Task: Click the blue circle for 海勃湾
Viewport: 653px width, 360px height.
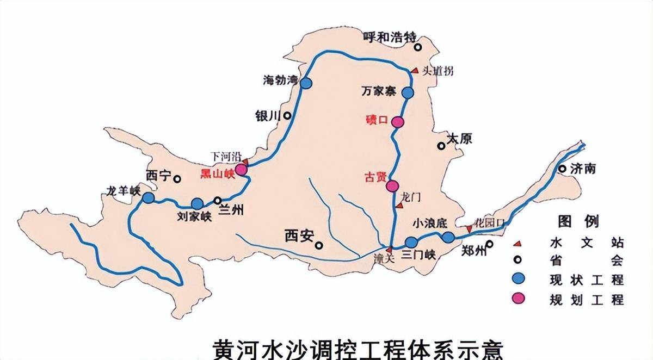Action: pos(306,83)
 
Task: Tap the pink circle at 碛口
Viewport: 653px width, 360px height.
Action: pos(398,122)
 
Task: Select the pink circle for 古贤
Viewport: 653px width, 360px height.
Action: pos(392,186)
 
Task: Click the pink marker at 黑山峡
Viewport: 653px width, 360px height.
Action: pos(241,170)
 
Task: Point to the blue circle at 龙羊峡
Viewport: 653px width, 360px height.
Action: pos(148,197)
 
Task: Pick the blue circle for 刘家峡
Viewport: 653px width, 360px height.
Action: pos(197,204)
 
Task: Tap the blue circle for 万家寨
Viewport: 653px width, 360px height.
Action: pos(408,93)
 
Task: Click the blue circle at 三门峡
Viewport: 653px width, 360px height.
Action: pos(411,242)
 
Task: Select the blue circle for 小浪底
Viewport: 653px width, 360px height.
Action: pos(448,237)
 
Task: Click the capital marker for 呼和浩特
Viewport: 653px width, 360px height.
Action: pos(418,47)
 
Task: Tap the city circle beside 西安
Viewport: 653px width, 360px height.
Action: pos(319,245)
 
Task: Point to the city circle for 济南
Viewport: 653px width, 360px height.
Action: pos(562,168)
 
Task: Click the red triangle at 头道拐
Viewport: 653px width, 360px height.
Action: pos(414,70)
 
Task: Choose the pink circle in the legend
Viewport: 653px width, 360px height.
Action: pos(520,299)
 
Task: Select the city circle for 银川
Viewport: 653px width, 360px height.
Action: pos(287,115)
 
